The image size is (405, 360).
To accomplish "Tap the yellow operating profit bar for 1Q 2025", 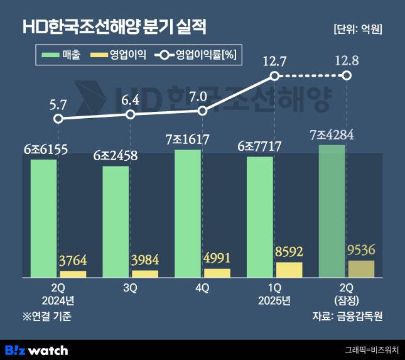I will point(289,270).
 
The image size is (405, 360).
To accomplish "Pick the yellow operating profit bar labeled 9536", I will point(360,268).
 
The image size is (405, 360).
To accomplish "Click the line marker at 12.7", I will point(274,75).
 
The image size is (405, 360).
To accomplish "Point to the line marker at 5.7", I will point(58,118).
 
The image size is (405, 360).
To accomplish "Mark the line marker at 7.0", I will point(202,111).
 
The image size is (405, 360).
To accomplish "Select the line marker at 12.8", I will point(346,75).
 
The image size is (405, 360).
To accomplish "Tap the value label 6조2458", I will point(116,155).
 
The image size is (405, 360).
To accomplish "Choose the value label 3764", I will point(73,261).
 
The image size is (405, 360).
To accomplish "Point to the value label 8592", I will point(289,252).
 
